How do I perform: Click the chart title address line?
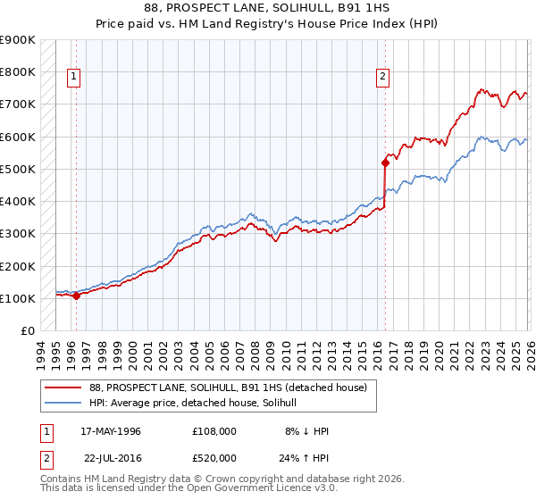(x=267, y=8)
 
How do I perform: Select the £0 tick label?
(x=27, y=330)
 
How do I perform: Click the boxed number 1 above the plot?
(x=75, y=78)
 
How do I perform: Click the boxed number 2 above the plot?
(x=382, y=78)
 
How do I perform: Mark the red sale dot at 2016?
(x=385, y=162)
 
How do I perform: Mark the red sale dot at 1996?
(x=76, y=296)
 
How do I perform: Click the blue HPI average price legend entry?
(x=198, y=403)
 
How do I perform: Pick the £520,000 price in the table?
(x=214, y=457)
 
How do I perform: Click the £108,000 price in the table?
(x=214, y=431)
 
